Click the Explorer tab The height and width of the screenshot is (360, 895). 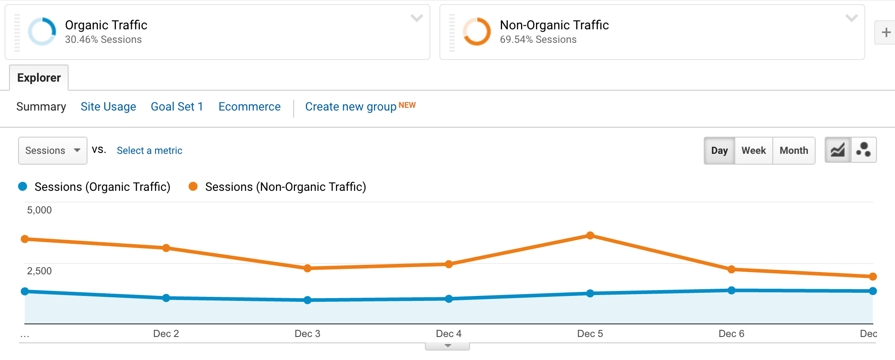coord(39,78)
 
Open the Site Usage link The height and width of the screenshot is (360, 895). coord(108,106)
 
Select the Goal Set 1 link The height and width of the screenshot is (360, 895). coord(177,106)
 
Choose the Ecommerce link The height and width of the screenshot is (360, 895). coord(249,106)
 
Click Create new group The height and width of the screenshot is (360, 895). coord(351,106)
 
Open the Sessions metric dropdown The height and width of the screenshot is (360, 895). coord(52,150)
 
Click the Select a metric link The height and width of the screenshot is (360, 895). coord(149,150)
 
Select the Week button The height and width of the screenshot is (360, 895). coord(753,150)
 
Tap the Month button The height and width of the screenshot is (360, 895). coord(794,150)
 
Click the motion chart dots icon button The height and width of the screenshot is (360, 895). coord(863,150)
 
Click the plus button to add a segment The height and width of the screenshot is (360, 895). coord(886,32)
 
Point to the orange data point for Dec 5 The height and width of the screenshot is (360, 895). coord(590,235)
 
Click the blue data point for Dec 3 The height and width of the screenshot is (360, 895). coord(307,300)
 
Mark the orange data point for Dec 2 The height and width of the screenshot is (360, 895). coord(166,248)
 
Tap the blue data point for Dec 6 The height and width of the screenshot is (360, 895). coord(731,291)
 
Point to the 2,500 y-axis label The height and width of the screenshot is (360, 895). coord(39,271)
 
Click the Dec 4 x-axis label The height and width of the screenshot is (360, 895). coord(448,333)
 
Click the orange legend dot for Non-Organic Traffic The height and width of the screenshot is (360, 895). coord(193,186)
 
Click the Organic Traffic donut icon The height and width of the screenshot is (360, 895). coord(42,32)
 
